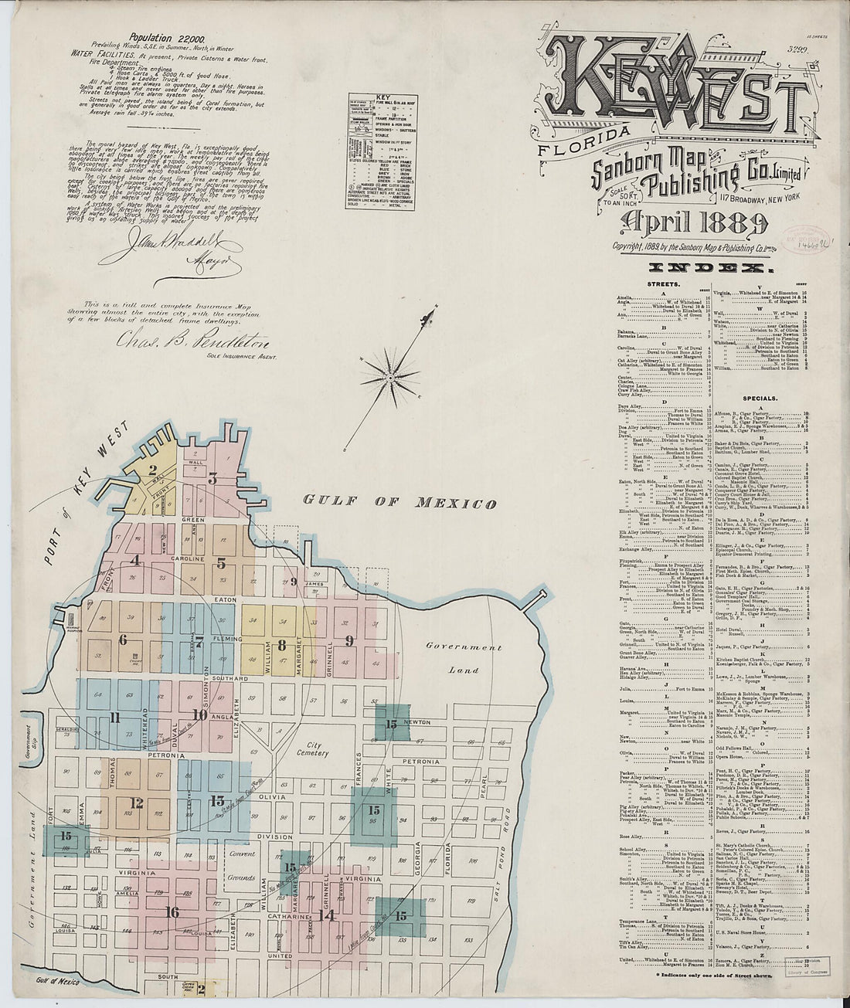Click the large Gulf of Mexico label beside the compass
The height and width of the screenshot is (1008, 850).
click(399, 502)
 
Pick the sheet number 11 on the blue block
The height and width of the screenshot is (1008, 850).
click(115, 719)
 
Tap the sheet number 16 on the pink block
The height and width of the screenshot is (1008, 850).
click(172, 912)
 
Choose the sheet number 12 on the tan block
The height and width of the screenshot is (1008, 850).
click(136, 803)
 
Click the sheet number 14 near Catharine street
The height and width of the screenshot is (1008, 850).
click(327, 916)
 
